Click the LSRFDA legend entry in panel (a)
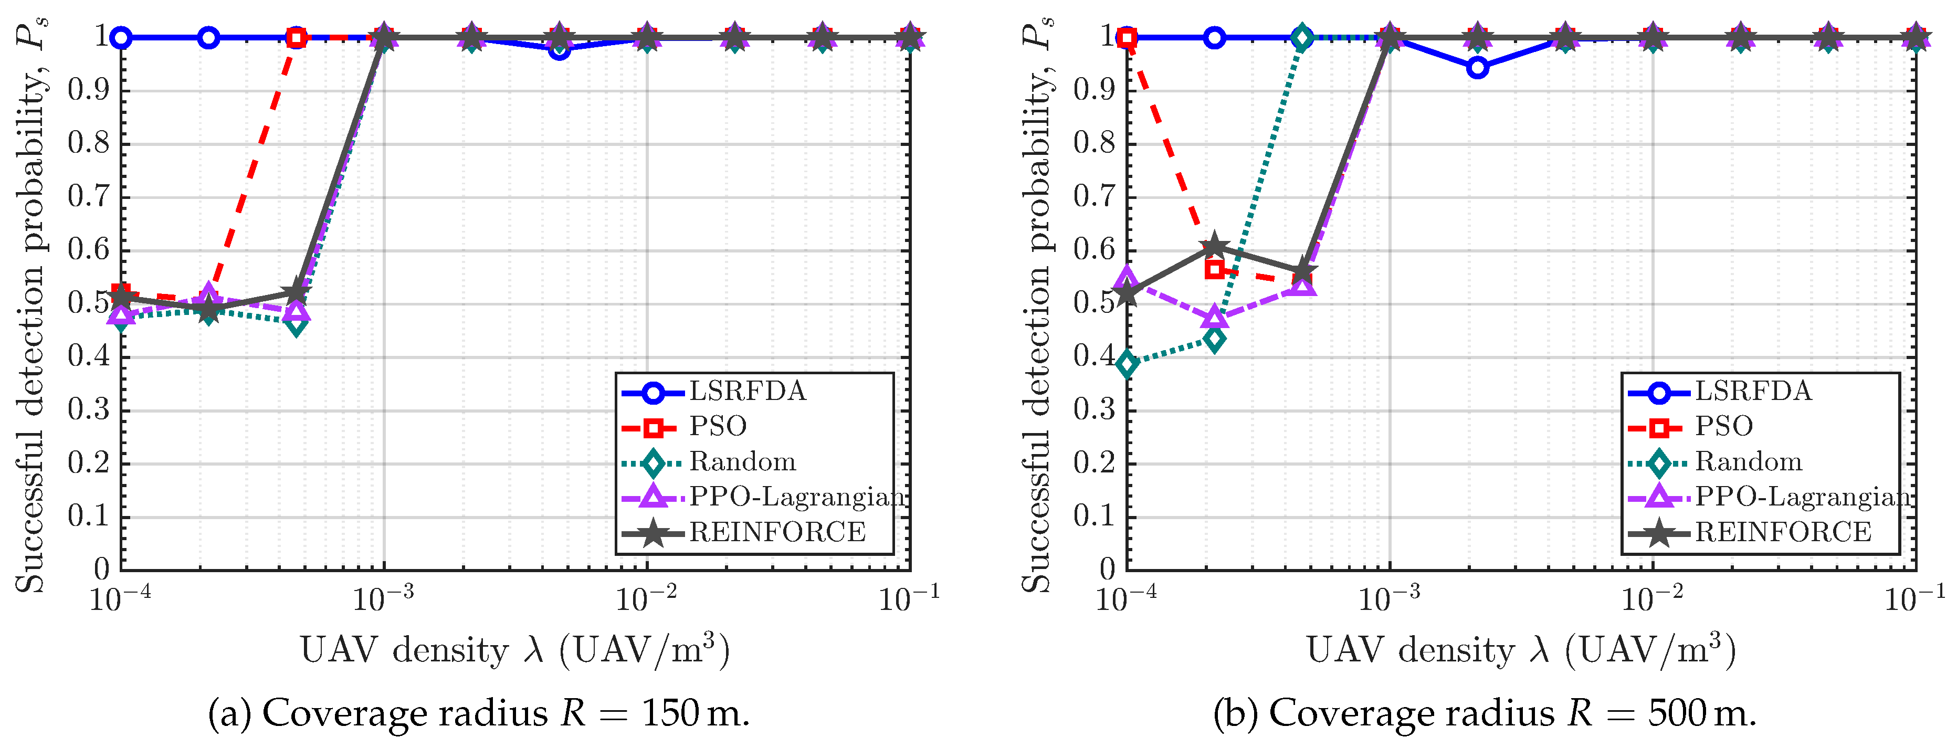[714, 392]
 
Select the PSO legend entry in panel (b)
[1691, 427]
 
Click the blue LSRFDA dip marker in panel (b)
[1477, 68]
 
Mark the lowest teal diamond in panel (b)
[1128, 364]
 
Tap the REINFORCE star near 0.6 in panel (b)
[1214, 246]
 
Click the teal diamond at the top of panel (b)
[1302, 38]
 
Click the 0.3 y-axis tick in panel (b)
[1095, 410]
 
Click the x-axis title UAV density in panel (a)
[515, 650]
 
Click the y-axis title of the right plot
[1035, 304]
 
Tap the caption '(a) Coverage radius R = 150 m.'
[479, 714]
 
